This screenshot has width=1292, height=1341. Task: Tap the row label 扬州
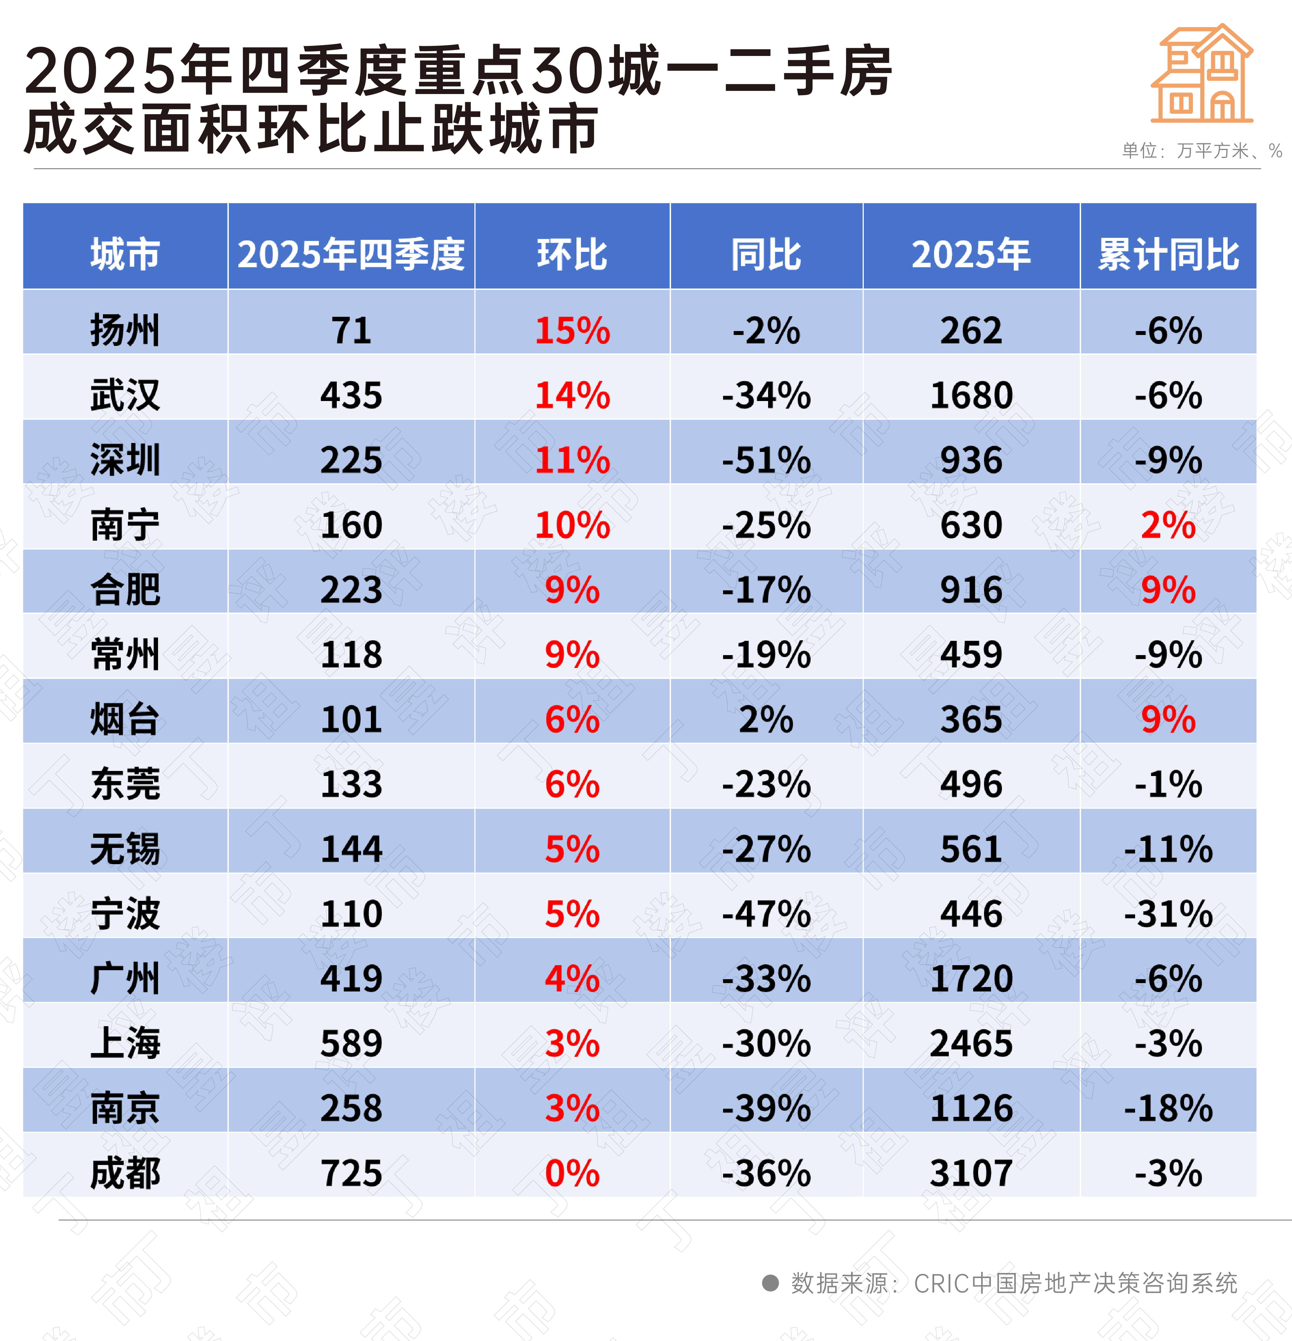pyautogui.click(x=125, y=330)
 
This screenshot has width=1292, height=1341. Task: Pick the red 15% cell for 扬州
pyautogui.click(x=572, y=330)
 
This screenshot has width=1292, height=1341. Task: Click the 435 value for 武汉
pyautogui.click(x=351, y=395)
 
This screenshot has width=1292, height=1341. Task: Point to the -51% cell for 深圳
pyautogui.click(x=766, y=460)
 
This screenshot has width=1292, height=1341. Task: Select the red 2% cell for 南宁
pyautogui.click(x=1168, y=525)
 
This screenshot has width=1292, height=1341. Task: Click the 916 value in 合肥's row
pyautogui.click(x=971, y=590)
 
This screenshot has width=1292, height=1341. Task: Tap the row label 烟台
pyautogui.click(x=125, y=719)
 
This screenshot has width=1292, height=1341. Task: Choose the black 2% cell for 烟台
pyautogui.click(x=766, y=719)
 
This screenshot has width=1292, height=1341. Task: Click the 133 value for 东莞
pyautogui.click(x=351, y=784)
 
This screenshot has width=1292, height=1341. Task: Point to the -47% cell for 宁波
pyautogui.click(x=766, y=913)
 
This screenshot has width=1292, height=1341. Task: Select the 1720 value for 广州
pyautogui.click(x=971, y=978)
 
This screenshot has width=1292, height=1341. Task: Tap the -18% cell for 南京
pyautogui.click(x=1168, y=1108)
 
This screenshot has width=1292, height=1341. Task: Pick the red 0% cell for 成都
pyautogui.click(x=572, y=1173)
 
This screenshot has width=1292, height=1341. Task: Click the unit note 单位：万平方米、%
pyautogui.click(x=1202, y=151)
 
